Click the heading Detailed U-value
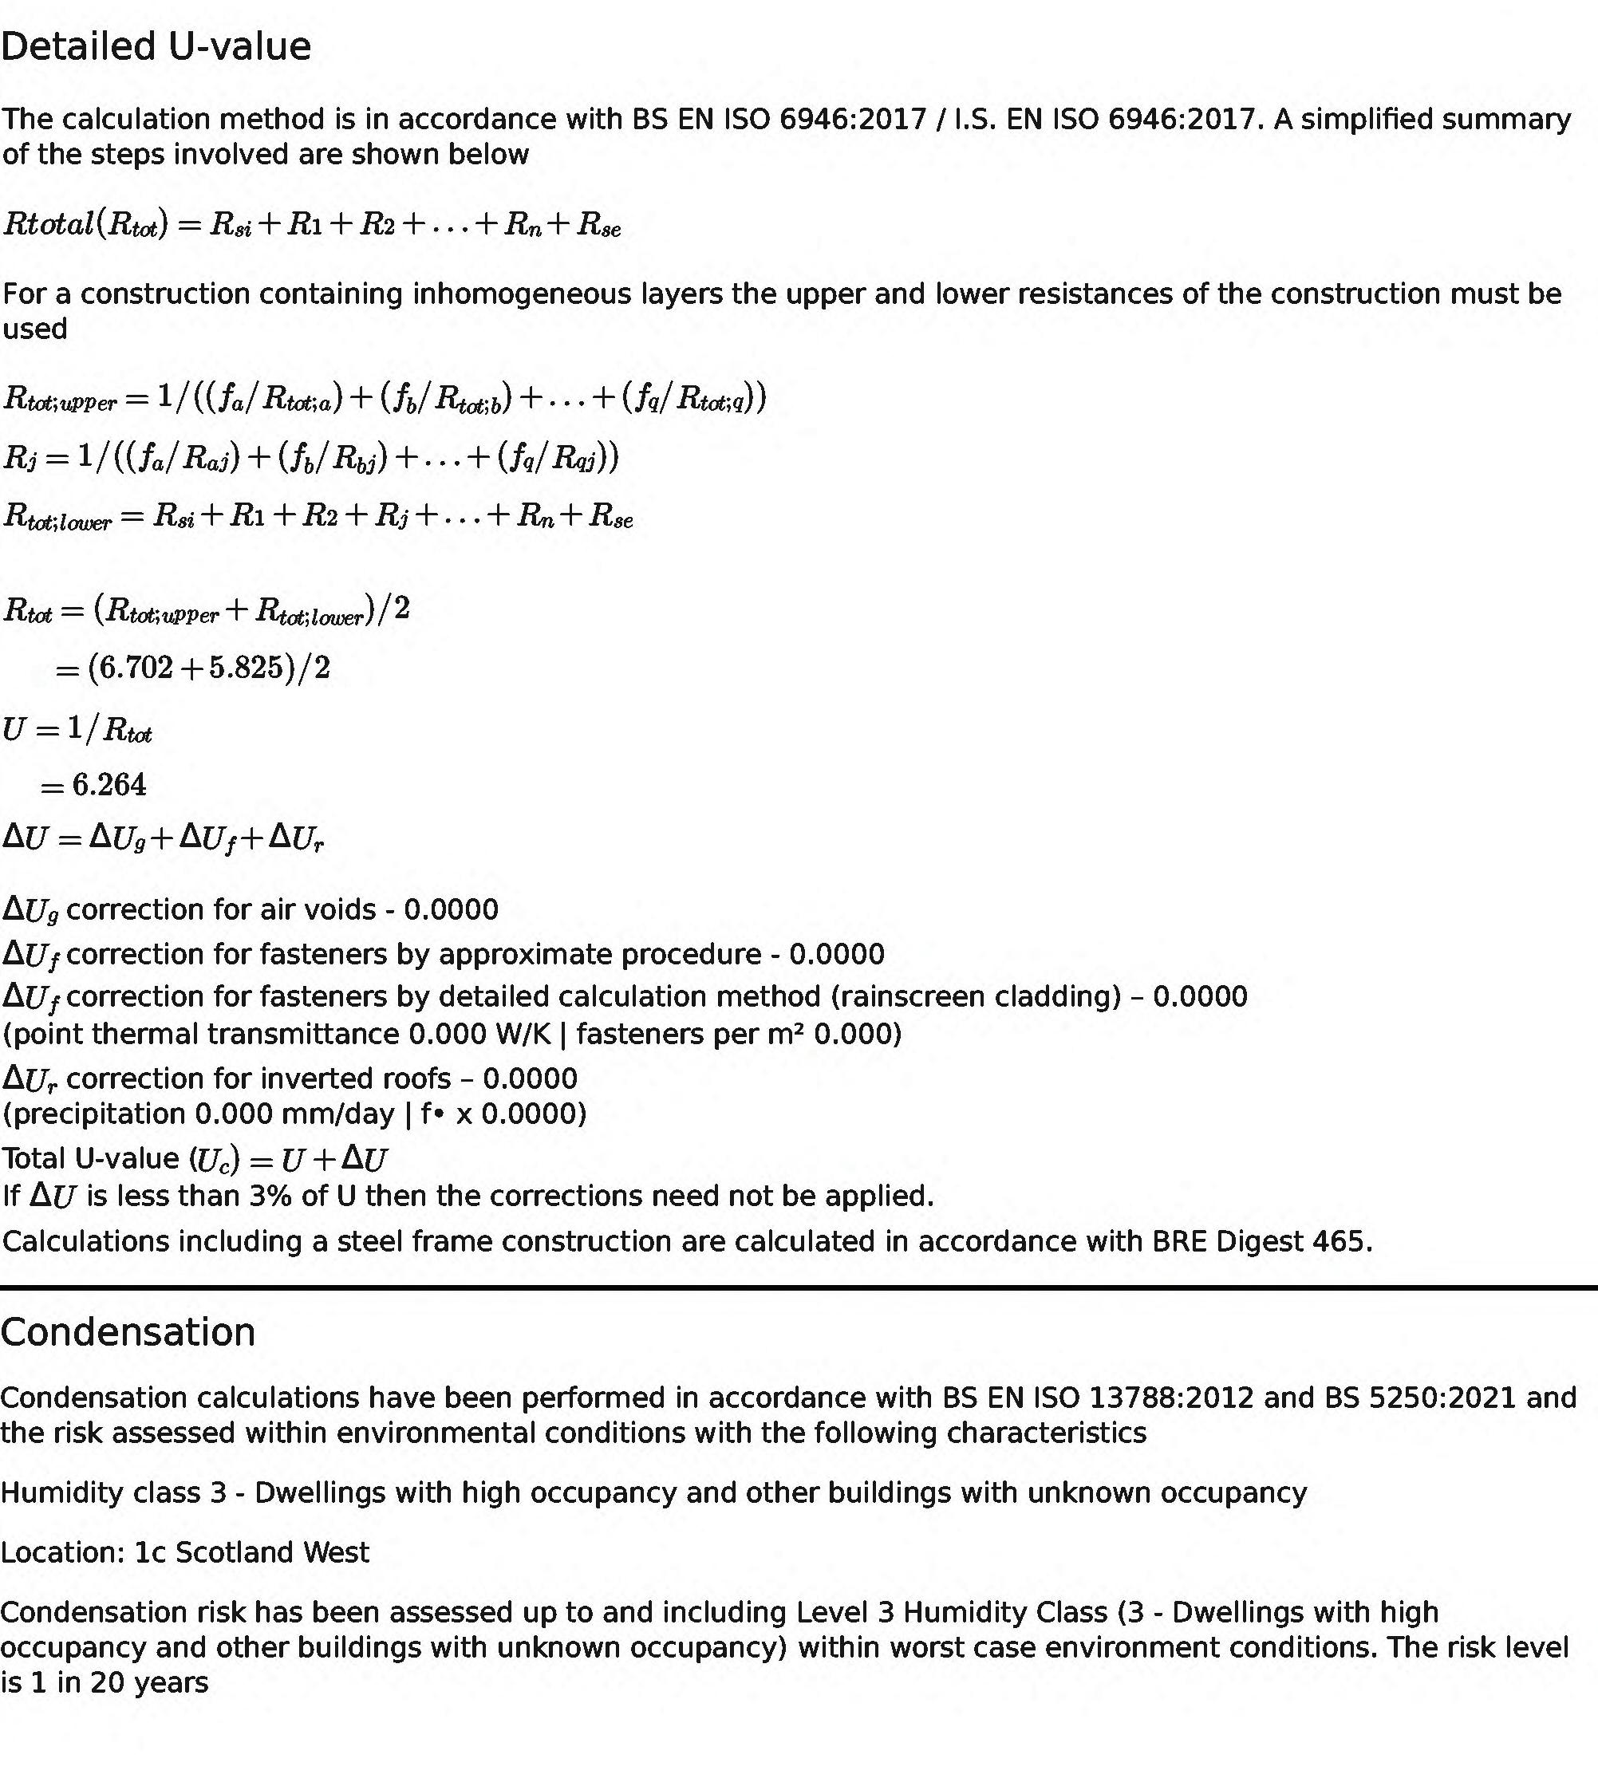click(x=156, y=46)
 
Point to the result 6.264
click(x=109, y=785)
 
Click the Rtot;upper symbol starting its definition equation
click(x=60, y=400)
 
